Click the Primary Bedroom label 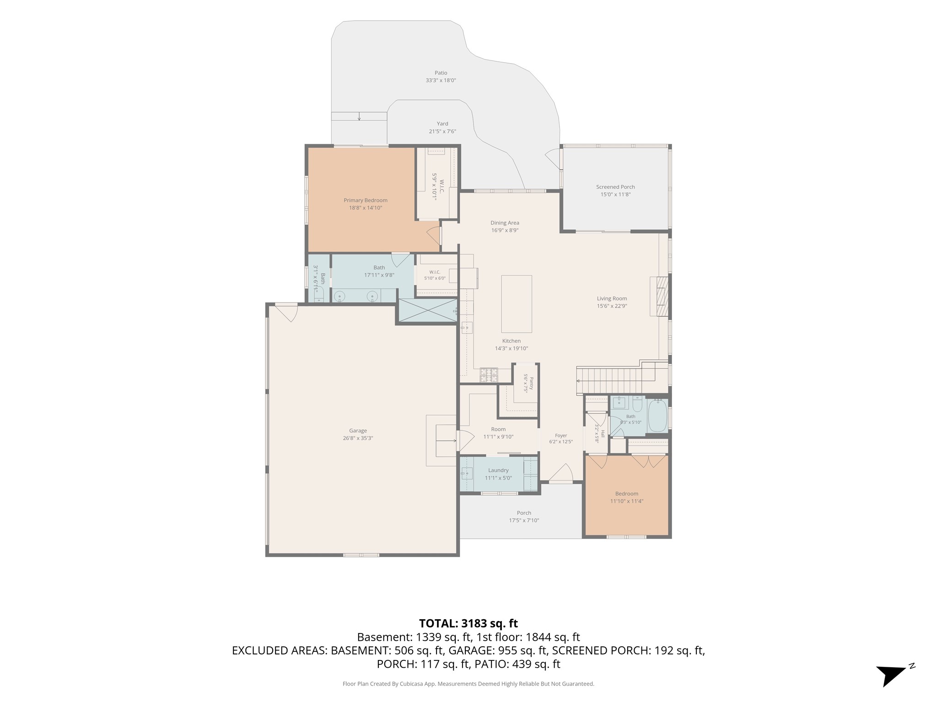click(x=366, y=200)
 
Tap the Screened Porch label click(x=615, y=187)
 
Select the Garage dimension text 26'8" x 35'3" click(x=358, y=438)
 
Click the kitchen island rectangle click(x=517, y=304)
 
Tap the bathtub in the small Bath click(x=657, y=415)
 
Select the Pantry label click(x=531, y=384)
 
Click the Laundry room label click(x=498, y=470)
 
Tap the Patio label click(x=441, y=73)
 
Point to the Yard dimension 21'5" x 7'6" click(x=442, y=131)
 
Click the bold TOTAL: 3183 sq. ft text click(x=468, y=623)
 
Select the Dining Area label click(x=505, y=223)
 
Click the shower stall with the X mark click(x=428, y=310)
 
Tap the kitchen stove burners click(x=489, y=375)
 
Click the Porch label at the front click(x=524, y=513)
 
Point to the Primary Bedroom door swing click(x=433, y=235)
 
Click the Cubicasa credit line click(x=468, y=684)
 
